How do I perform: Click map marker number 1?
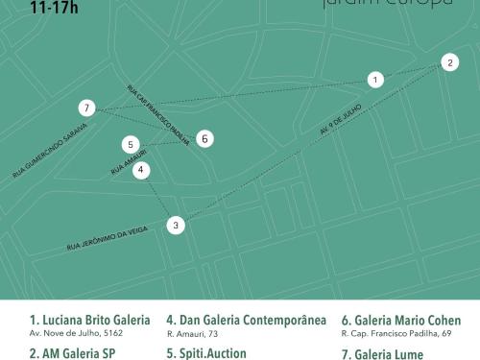[x=375, y=80]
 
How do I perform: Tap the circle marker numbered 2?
[x=449, y=63]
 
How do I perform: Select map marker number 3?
[x=175, y=226]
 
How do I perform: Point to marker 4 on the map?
[x=141, y=171]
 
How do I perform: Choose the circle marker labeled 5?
[x=131, y=145]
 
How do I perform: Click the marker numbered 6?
[x=204, y=139]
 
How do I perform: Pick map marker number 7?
[x=87, y=108]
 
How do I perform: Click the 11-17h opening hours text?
[x=53, y=7]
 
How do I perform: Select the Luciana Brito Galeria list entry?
[x=90, y=320]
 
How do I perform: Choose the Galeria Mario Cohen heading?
[x=401, y=320]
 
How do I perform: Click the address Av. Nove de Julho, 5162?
[x=76, y=334]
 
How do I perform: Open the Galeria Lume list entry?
[x=384, y=352]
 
